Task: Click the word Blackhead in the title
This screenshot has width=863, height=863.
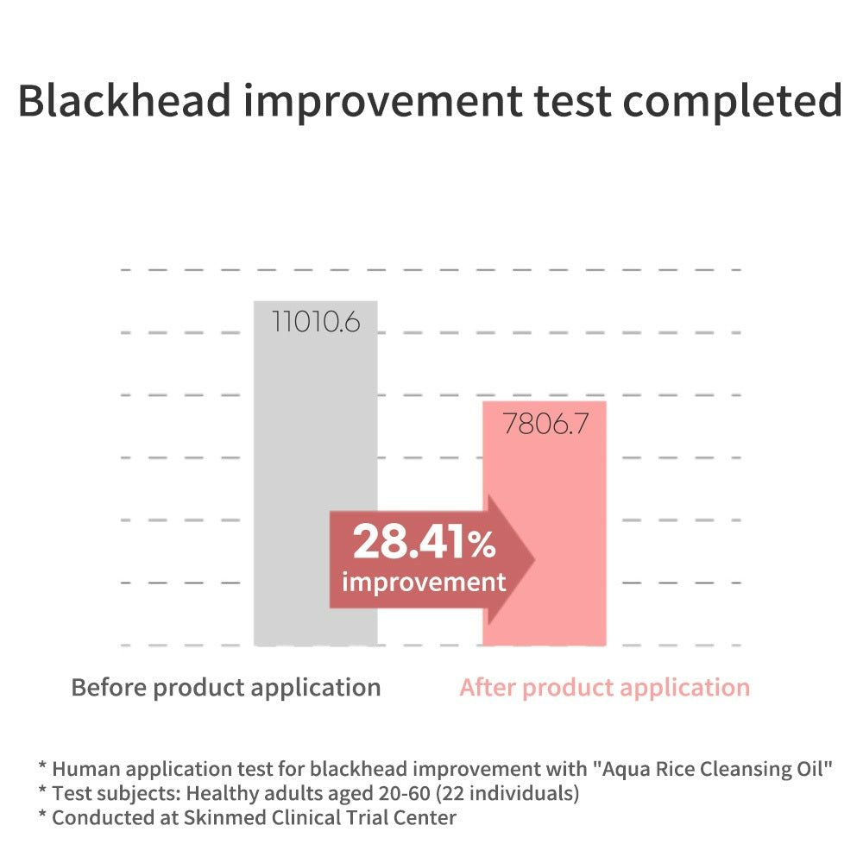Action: tap(124, 100)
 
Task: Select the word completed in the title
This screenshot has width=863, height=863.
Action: tap(732, 103)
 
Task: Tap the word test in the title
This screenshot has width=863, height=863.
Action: tap(572, 103)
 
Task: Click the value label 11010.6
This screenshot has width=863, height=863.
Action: tap(316, 322)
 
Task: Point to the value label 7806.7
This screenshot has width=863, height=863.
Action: tap(545, 424)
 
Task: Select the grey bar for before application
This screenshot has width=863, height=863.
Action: tap(315, 473)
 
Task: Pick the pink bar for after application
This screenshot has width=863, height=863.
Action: tap(545, 524)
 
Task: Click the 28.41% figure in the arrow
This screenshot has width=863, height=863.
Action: tap(425, 542)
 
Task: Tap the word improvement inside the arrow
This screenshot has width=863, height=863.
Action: tap(424, 583)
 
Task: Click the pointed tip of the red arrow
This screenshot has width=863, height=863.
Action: tap(535, 560)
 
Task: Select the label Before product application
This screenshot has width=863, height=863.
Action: tap(226, 689)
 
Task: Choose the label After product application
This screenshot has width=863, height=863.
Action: tap(605, 689)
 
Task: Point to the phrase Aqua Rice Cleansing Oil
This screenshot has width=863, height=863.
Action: tap(712, 769)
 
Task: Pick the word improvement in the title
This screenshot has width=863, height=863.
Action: tap(382, 103)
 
